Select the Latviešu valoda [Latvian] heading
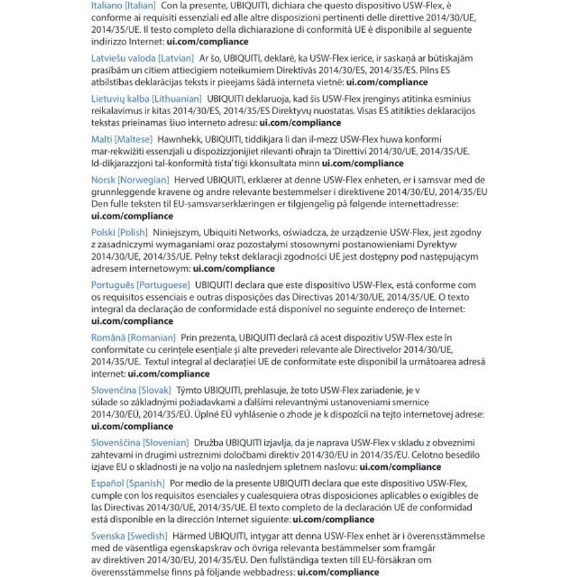(x=142, y=58)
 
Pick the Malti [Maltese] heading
(x=122, y=138)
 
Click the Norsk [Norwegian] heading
(x=130, y=180)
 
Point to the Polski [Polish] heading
(x=119, y=232)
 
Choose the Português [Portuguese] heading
(x=140, y=284)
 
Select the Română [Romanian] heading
(x=133, y=337)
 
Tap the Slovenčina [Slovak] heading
(x=131, y=390)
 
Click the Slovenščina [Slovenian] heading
(x=140, y=442)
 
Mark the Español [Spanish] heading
(x=128, y=483)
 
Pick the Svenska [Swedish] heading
(x=130, y=535)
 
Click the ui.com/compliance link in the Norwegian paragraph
(x=132, y=216)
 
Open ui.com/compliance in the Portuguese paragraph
(x=132, y=321)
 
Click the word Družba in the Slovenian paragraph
(x=210, y=442)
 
